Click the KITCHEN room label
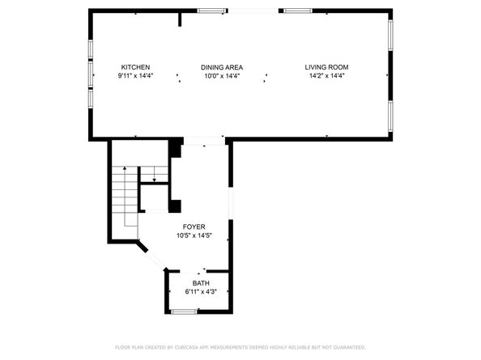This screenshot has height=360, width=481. [135, 67]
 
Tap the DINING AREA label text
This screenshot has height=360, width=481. [222, 67]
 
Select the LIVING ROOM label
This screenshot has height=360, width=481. [327, 67]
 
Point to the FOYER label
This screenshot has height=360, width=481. [194, 227]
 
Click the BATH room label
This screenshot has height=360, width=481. [201, 283]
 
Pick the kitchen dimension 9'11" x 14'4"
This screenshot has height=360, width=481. [135, 76]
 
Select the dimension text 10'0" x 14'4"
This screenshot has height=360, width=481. [222, 76]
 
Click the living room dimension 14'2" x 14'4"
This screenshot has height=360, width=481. [327, 76]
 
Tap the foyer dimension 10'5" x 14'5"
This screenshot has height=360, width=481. [194, 236]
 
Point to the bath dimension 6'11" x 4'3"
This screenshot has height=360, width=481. [200, 291]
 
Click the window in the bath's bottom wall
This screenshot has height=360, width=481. [185, 311]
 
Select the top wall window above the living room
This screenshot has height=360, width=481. [297, 11]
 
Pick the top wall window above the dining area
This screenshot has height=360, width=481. [212, 11]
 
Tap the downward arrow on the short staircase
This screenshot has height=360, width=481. [152, 176]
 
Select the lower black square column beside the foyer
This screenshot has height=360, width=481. [175, 205]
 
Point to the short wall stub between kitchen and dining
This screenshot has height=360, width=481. [180, 19]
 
